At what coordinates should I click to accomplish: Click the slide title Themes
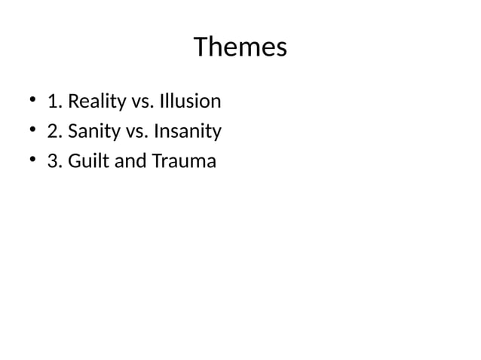pyautogui.click(x=240, y=47)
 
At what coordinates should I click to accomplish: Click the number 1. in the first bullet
pyautogui.click(x=54, y=101)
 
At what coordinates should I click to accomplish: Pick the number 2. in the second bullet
pyautogui.click(x=54, y=131)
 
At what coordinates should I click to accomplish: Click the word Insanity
pyautogui.click(x=187, y=132)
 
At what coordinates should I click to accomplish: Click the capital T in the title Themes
pyautogui.click(x=201, y=47)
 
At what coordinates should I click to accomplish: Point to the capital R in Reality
pyautogui.click(x=73, y=101)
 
